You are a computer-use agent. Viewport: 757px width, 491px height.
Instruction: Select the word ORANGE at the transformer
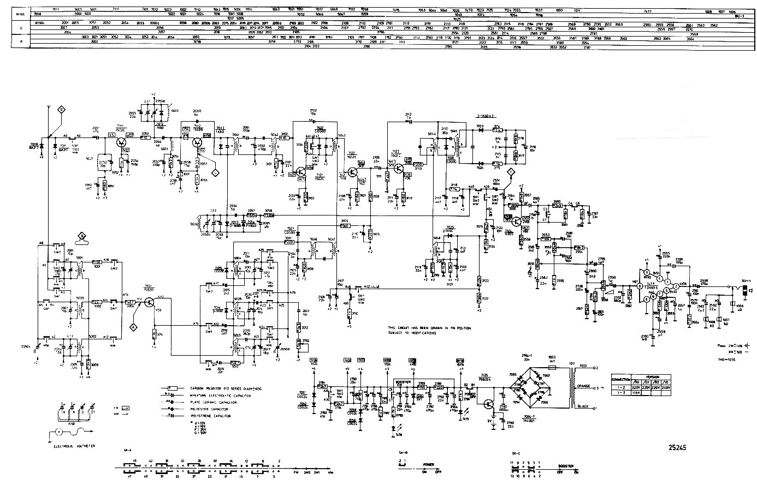[584, 387]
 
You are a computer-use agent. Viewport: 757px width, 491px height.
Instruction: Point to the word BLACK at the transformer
[583, 407]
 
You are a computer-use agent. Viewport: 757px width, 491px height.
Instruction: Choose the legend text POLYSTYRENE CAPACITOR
[210, 416]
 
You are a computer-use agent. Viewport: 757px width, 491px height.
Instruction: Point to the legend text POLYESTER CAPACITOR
[209, 409]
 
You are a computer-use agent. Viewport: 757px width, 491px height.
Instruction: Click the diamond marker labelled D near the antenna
[62, 110]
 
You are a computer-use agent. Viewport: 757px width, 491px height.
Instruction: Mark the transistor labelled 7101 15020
[149, 301]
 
